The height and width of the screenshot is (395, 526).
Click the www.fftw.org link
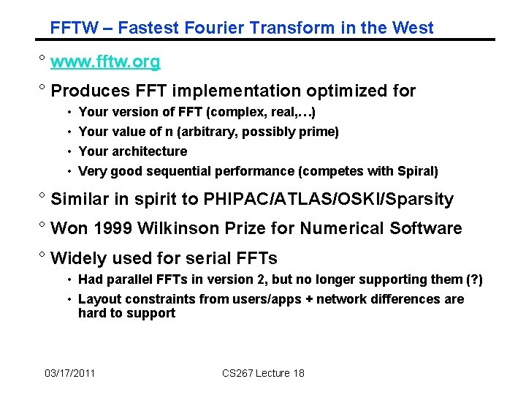pos(106,62)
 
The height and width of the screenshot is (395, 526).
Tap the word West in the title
pos(412,29)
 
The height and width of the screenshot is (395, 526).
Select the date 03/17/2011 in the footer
pos(69,373)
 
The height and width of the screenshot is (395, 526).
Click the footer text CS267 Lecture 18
pos(263,373)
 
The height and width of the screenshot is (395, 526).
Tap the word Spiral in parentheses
pos(416,171)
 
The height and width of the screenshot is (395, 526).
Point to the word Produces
pos(85,91)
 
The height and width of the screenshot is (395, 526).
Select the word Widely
pos(76,258)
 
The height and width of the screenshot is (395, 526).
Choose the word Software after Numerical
pos(427,228)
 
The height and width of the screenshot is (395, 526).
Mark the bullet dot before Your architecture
pos(68,152)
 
